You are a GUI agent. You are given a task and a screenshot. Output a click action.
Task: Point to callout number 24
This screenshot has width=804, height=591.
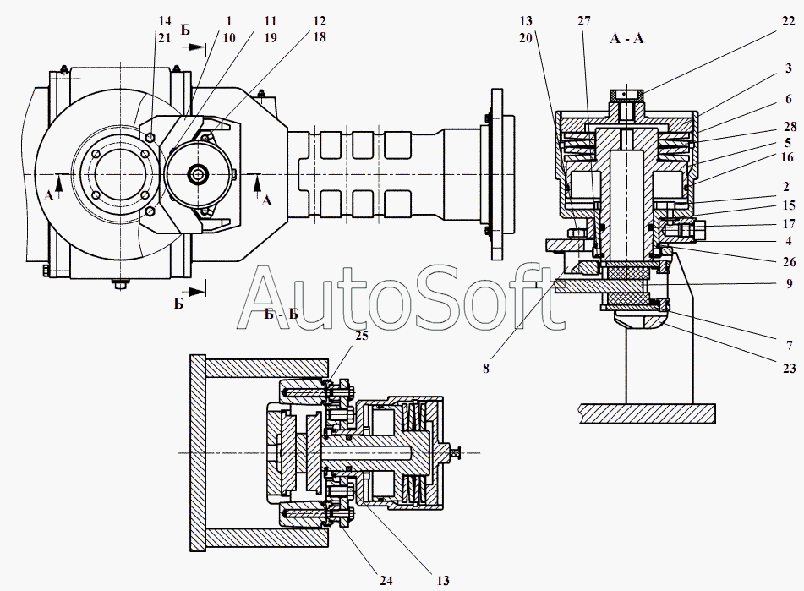[x=386, y=580]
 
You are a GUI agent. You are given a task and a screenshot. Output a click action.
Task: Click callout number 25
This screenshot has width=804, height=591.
[x=363, y=337]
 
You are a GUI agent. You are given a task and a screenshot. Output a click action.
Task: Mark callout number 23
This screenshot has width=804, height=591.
[x=787, y=344]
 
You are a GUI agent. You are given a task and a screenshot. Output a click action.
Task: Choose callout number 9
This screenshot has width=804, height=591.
[x=788, y=285]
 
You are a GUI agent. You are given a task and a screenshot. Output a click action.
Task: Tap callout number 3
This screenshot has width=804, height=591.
[x=788, y=68]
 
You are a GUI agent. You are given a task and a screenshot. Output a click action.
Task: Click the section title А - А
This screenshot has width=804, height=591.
[x=626, y=39]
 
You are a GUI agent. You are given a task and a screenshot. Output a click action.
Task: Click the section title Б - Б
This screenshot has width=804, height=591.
[x=282, y=315]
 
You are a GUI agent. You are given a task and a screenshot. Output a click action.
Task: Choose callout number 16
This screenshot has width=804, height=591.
[x=787, y=158]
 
